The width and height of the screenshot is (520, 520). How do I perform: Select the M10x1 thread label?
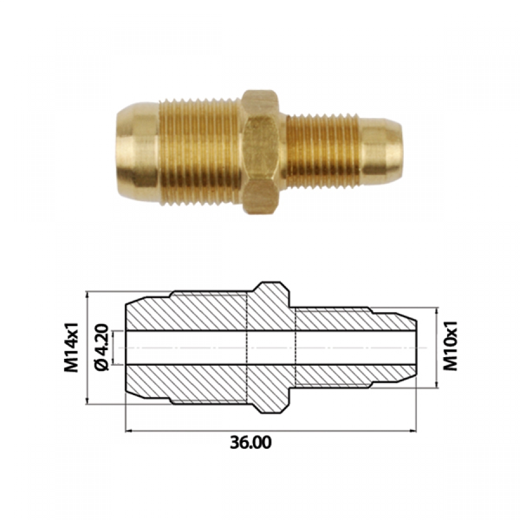click(x=451, y=346)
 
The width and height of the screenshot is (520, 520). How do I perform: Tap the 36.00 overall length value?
click(x=251, y=443)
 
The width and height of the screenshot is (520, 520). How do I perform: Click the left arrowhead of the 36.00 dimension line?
click(x=129, y=431)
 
